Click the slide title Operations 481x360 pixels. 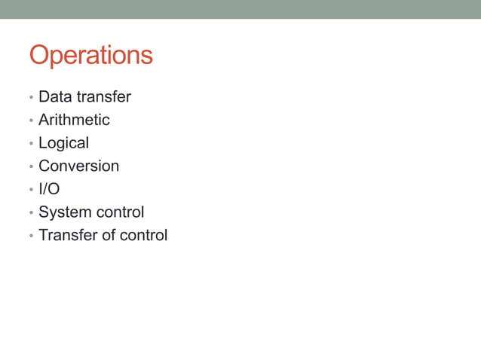coord(90,56)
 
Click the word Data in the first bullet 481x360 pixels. coord(53,97)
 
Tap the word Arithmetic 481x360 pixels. coord(74,120)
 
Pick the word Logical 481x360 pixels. coord(63,143)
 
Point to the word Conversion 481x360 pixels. coord(78,166)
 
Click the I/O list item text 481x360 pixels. coord(49,189)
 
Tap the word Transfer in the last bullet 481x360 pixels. coord(67,235)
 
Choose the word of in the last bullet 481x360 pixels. coord(108,235)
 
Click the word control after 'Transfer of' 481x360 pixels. coord(143,235)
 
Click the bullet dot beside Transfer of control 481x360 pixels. coord(31,236)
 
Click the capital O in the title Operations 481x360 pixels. coord(40,55)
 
